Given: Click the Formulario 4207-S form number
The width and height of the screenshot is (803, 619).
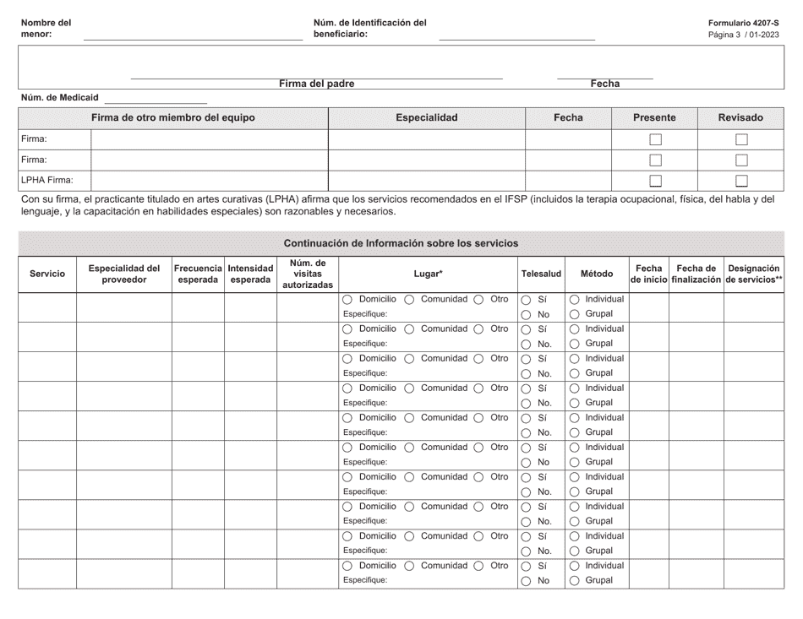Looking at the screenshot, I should [x=745, y=23].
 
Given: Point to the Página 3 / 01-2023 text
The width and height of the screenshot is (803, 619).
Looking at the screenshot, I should [x=744, y=35].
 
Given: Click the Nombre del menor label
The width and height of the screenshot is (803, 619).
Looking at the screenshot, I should [x=46, y=29].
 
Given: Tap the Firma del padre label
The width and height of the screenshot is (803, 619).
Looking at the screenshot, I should [x=317, y=84].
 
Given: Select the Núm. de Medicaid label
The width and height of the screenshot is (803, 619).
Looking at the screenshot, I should [x=59, y=98].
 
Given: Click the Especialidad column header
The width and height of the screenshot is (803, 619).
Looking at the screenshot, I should [x=427, y=118].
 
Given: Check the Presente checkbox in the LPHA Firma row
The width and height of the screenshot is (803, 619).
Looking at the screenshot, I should [x=655, y=180].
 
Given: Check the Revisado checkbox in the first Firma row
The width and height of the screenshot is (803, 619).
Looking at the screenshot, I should [x=741, y=139].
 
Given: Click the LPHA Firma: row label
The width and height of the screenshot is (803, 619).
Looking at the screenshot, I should [x=47, y=180].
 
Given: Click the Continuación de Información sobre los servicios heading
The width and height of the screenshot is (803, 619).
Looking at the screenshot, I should [x=401, y=243].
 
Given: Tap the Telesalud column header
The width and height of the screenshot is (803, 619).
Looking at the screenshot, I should [x=541, y=274].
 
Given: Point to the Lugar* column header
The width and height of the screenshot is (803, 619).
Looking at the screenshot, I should [x=429, y=274].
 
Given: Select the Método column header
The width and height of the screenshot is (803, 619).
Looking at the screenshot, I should [x=597, y=274].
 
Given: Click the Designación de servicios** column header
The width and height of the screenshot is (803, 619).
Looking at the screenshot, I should [x=754, y=274].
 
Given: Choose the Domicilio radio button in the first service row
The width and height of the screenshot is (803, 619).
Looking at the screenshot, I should [x=348, y=300].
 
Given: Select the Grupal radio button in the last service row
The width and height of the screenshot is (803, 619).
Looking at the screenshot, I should [x=575, y=581].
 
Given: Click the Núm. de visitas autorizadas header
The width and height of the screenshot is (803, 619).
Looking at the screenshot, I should [x=308, y=274].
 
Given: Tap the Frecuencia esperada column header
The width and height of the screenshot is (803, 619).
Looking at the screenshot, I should [x=198, y=274].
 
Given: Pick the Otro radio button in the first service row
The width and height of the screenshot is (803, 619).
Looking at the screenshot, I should [x=478, y=300].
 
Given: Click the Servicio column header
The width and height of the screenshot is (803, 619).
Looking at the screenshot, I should [x=47, y=274].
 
